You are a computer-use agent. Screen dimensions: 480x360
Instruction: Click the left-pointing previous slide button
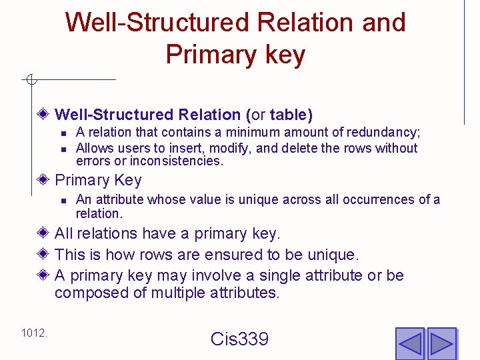(409, 343)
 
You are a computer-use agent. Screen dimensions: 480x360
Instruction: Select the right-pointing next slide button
(441, 343)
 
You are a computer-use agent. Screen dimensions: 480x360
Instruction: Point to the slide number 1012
(34, 332)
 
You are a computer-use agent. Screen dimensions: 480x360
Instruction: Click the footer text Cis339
(239, 339)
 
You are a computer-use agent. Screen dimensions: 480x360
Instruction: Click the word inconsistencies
(176, 161)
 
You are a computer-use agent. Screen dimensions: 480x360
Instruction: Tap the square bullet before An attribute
(63, 200)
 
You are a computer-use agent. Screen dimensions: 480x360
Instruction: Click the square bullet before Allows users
(63, 148)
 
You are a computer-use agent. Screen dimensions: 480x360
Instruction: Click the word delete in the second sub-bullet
(295, 148)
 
